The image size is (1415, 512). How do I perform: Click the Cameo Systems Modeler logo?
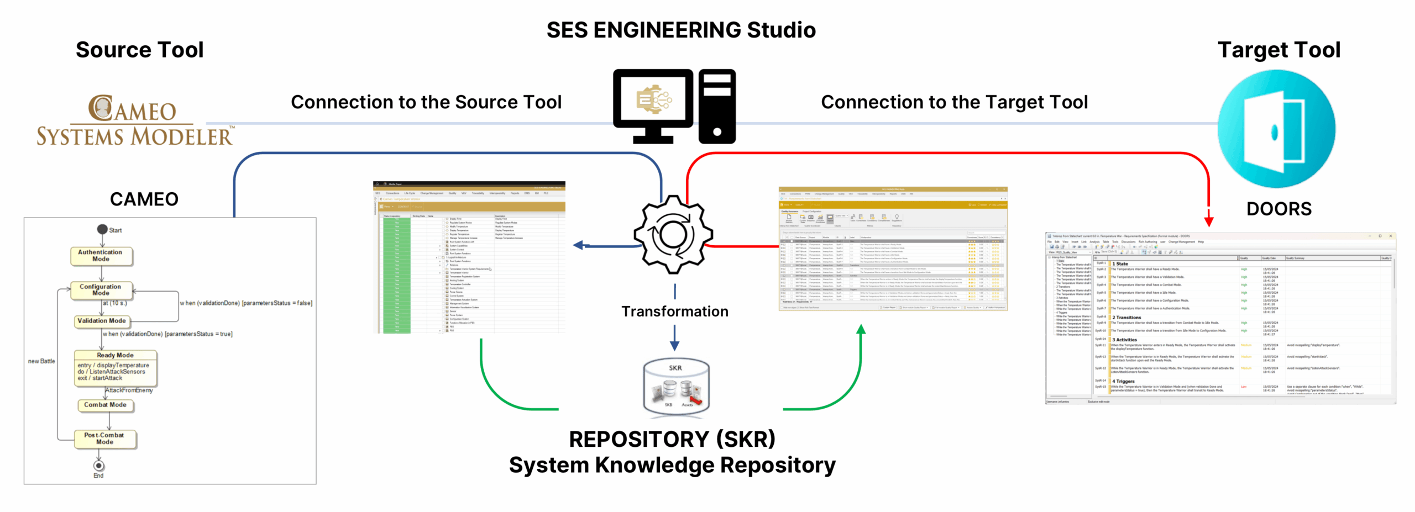pos(134,121)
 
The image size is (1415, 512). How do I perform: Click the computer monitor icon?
pos(653,105)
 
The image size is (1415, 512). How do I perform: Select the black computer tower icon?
pos(717,106)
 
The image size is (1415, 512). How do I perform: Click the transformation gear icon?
pos(673,234)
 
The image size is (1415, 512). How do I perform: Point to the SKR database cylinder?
pos(676,387)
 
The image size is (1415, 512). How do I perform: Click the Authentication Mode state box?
pos(102,256)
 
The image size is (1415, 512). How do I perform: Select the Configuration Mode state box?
pos(102,290)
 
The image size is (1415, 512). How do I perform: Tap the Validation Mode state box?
pos(102,321)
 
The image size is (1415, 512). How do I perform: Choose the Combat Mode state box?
pos(106,405)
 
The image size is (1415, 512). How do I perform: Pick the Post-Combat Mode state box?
pos(105,439)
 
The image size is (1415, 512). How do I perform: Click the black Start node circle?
pos(102,229)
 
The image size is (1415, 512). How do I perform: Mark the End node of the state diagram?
pos(99,466)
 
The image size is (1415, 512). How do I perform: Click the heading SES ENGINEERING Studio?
pos(681,30)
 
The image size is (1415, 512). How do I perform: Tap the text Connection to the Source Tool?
pos(426,102)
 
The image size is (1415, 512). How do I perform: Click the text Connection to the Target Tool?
pos(954,102)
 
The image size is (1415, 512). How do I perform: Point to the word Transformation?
pos(675,312)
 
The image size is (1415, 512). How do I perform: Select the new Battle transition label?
pos(42,361)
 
